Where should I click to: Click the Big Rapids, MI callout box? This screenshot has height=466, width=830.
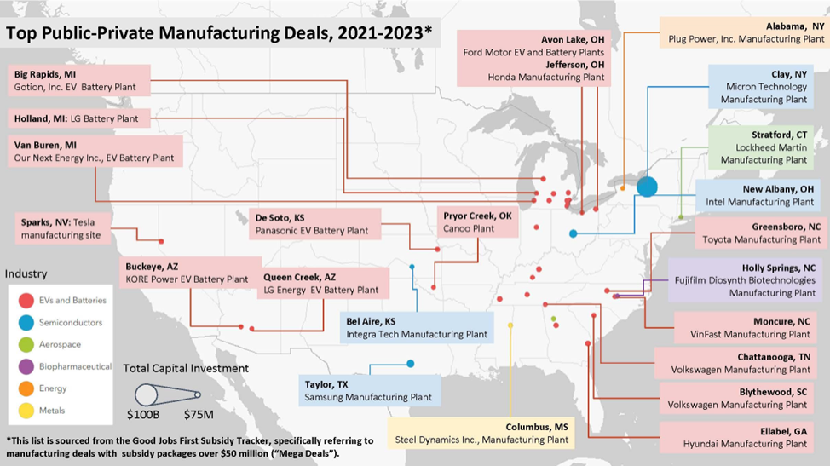(78, 80)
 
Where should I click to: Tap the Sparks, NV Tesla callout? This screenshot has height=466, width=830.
(62, 227)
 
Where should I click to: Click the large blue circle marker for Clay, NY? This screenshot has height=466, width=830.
(647, 186)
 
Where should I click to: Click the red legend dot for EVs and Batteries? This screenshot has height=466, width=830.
(26, 300)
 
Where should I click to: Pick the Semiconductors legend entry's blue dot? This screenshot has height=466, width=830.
(26, 323)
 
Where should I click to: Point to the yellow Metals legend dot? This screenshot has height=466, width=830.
(26, 411)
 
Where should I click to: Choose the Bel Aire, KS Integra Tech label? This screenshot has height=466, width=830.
(417, 328)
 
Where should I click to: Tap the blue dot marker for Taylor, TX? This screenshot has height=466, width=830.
(411, 364)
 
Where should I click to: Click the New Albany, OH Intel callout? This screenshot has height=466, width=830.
(761, 195)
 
